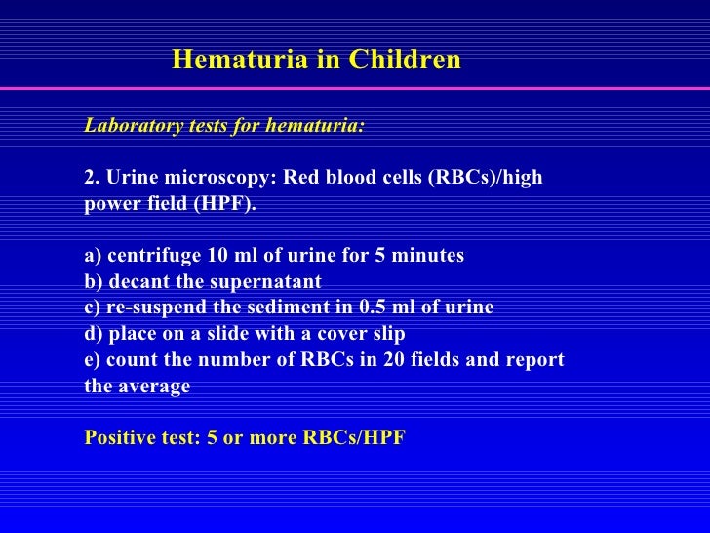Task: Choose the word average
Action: (x=155, y=387)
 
